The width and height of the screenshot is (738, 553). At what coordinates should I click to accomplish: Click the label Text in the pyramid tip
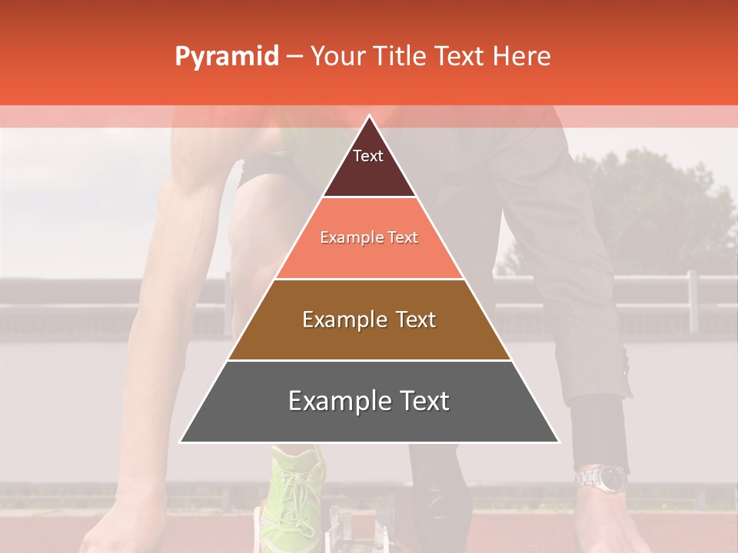[368, 156]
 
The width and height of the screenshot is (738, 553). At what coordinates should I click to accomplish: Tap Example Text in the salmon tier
[369, 237]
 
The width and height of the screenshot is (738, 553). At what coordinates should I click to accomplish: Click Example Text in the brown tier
[369, 320]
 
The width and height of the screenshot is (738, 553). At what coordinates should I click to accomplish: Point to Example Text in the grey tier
[369, 401]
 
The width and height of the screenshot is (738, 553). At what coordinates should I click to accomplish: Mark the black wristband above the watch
[600, 430]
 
